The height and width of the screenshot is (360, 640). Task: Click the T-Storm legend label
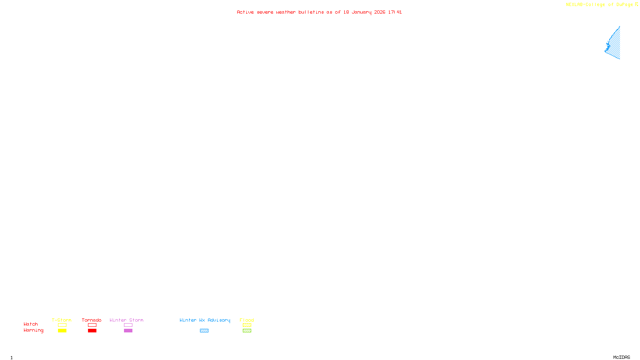point(62,320)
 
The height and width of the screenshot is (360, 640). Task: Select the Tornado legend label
point(92,320)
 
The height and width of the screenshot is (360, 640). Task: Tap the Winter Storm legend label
point(126,320)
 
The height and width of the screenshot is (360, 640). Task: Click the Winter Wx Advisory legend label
point(205,320)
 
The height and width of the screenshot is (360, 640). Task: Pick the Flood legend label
point(247,320)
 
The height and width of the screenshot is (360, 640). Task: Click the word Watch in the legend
point(31,324)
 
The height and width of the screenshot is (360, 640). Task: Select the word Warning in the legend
point(33,330)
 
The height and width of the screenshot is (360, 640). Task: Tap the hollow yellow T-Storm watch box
point(62,325)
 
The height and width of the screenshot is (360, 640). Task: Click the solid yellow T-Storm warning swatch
point(62,331)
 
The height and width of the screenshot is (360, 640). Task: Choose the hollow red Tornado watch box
point(92,325)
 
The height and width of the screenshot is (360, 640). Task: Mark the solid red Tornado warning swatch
point(92,331)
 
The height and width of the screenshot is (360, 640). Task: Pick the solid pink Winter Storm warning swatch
point(128,331)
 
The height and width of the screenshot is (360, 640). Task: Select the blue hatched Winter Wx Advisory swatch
point(204,331)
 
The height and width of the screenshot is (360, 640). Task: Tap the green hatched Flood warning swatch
point(247,331)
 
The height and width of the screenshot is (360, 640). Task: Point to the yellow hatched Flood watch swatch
point(247,325)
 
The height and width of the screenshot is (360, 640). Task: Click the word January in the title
point(362,12)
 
